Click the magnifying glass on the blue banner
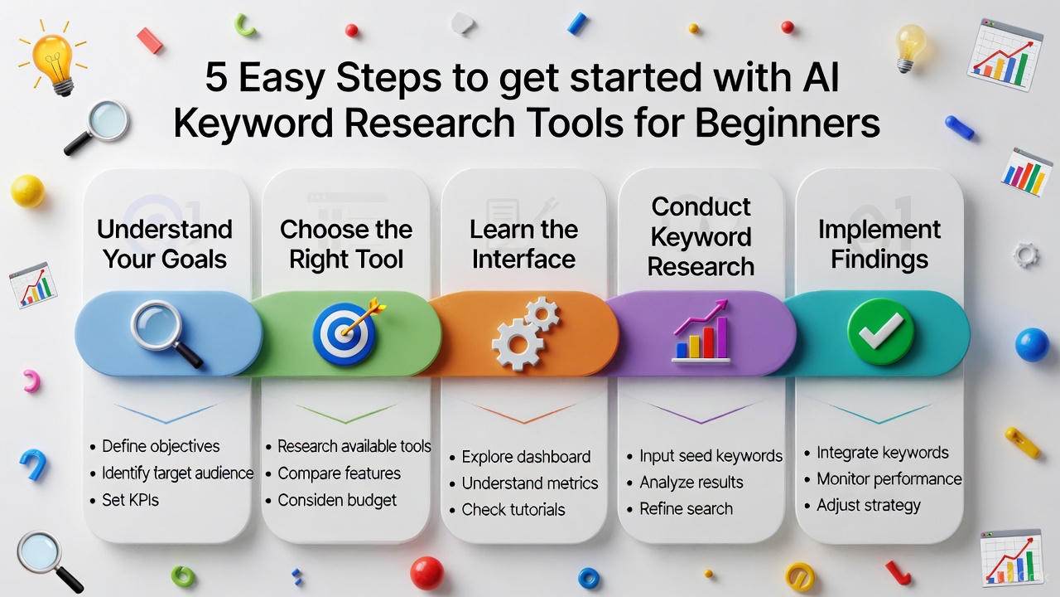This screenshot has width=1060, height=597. pos(166,332)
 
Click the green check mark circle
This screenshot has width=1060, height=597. pos(880,332)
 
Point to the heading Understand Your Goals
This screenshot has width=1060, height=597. pos(165,244)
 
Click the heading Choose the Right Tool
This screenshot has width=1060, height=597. pos(346,244)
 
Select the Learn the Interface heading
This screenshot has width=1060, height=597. pos(523,244)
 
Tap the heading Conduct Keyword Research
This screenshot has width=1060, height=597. pos(701,236)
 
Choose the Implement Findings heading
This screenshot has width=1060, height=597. pos(879,244)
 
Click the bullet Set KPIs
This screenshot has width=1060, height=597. pos(130,500)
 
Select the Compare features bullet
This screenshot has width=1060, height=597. pos(339,473)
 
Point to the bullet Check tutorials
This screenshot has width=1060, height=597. pos(513,509)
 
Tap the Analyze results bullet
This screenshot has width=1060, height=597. pos(691,483)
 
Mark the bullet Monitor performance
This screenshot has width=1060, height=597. pos(889,479)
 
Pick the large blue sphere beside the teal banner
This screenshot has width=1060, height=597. pos(1032,344)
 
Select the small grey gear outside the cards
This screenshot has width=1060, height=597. pos(1025,254)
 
